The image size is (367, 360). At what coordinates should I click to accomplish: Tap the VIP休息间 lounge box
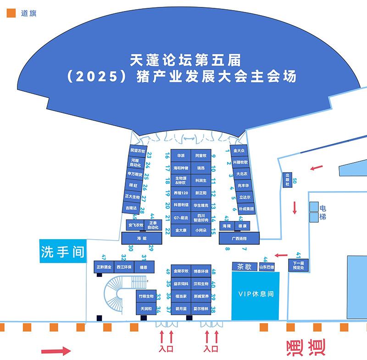tap(256, 294)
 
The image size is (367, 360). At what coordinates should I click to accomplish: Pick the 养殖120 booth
tap(180, 193)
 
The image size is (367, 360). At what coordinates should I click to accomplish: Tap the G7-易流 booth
tap(180, 218)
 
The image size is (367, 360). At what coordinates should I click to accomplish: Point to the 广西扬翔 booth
tap(239, 239)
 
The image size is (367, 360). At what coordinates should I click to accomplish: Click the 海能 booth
tap(141, 239)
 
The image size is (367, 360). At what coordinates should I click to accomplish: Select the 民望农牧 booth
tap(137, 151)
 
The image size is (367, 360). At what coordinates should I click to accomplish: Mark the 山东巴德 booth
tap(267, 267)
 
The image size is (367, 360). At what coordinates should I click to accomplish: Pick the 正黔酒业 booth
tap(104, 267)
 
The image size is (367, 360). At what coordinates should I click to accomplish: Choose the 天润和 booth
tap(145, 309)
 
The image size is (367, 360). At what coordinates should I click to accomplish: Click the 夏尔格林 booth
tap(201, 309)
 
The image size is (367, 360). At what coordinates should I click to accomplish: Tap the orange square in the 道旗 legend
tap(11, 13)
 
